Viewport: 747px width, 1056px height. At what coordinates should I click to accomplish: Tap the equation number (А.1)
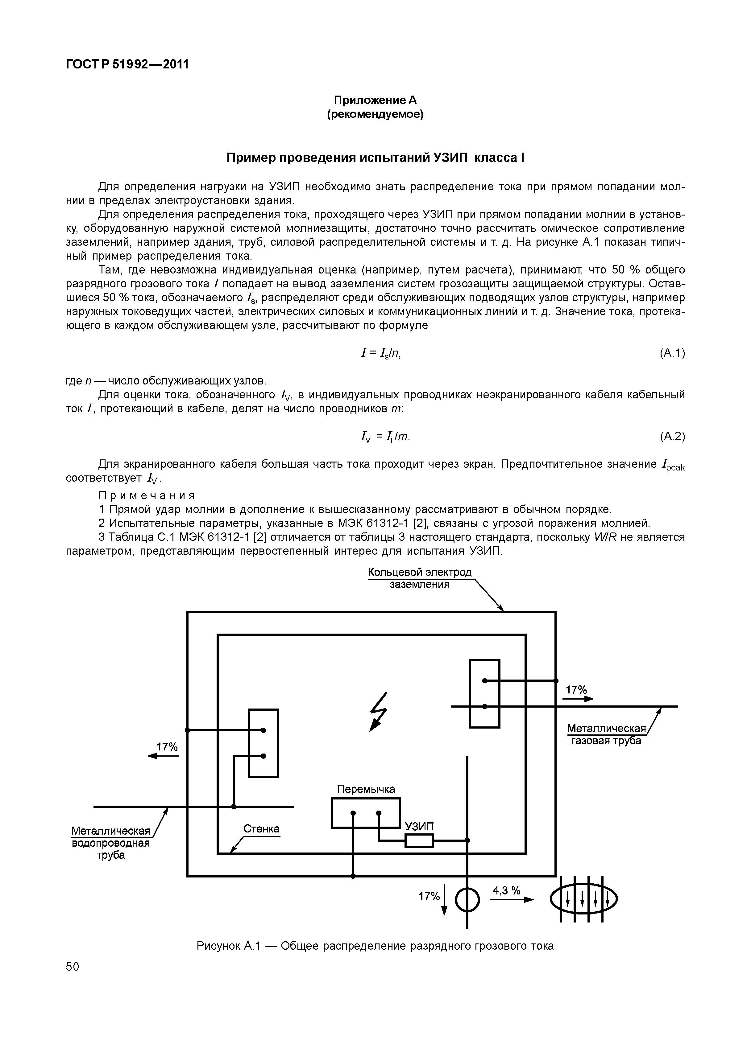point(672,353)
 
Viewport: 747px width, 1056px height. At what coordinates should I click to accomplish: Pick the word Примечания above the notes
point(147,495)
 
